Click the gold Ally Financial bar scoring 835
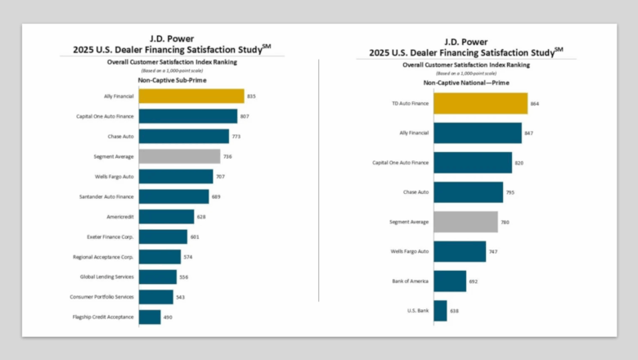pos(191,97)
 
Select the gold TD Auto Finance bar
pos(480,104)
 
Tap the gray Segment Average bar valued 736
pos(179,156)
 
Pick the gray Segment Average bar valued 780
pos(465,222)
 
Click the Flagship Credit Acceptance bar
pos(150,317)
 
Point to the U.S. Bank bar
pos(440,311)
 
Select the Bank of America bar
pos(450,281)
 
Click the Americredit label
pos(120,217)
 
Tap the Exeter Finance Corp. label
pos(110,236)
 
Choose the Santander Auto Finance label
pos(106,196)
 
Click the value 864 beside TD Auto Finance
pos(535,104)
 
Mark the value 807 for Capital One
pos(244,116)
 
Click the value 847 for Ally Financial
pos(529,133)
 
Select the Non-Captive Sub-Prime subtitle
pos(172,81)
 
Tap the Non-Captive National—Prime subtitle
pos(464,83)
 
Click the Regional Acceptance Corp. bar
pos(159,257)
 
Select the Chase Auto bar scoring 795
pos(468,192)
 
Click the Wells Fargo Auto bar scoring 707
pos(176,177)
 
